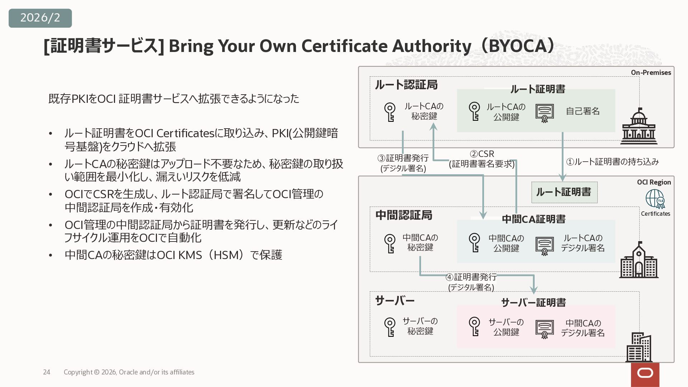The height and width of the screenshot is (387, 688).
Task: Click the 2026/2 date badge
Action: [40, 18]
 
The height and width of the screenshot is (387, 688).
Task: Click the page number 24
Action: [47, 372]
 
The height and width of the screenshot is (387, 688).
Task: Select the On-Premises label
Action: [651, 72]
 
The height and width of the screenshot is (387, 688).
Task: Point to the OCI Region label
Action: [654, 182]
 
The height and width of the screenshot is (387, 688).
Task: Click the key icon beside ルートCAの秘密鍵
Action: [390, 112]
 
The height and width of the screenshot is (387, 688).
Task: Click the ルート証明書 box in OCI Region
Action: [564, 192]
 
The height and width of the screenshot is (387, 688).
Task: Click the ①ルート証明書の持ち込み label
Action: [612, 162]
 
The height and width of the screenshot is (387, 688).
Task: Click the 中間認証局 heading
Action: [404, 215]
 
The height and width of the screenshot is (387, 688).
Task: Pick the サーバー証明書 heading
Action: [533, 302]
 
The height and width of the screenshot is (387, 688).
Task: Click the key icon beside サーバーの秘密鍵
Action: [390, 327]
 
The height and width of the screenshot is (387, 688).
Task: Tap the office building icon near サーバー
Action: [639, 347]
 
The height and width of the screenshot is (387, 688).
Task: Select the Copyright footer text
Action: [129, 372]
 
